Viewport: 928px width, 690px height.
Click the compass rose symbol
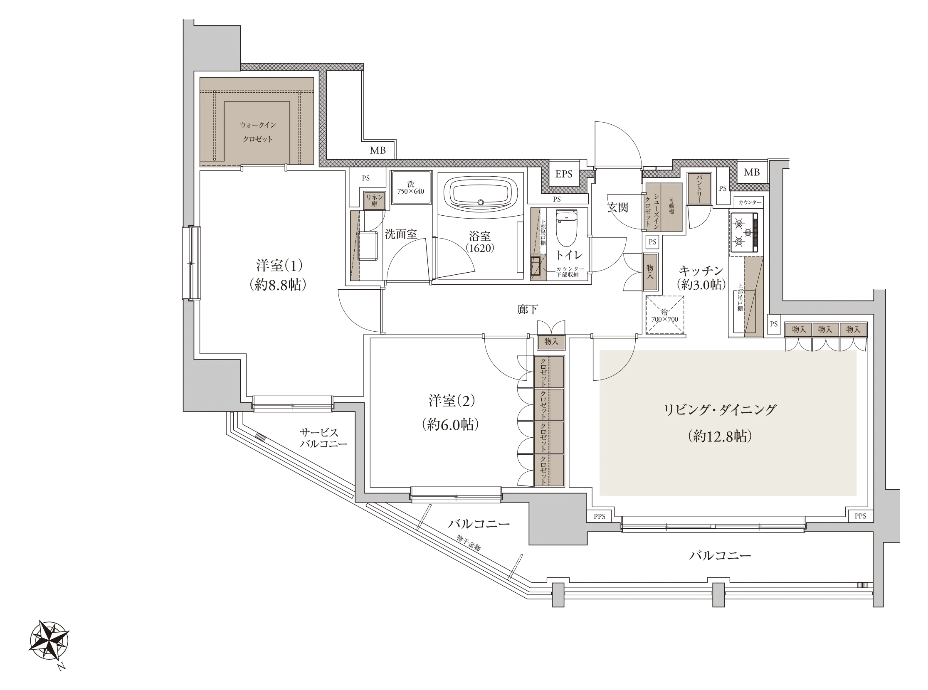tap(49, 640)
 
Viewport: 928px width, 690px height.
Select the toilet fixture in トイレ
tap(566, 228)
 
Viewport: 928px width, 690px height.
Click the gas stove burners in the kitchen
tap(744, 232)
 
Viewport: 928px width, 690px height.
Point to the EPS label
tap(563, 174)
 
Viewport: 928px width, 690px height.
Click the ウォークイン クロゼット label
tap(257, 132)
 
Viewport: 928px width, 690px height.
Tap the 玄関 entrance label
tap(617, 207)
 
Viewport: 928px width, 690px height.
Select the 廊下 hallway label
tap(527, 309)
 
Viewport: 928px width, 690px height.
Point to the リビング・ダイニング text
tap(720, 409)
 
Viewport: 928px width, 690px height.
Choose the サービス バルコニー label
tap(323, 438)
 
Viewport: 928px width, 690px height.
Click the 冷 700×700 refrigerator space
tap(665, 315)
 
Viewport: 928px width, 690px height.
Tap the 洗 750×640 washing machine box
tap(411, 187)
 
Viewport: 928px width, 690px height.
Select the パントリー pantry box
tap(699, 189)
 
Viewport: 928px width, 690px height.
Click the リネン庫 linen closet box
tap(374, 201)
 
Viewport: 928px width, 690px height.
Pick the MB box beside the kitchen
tap(752, 172)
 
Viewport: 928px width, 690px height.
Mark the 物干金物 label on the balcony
tap(469, 542)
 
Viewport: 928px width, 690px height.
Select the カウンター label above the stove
tap(750, 202)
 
